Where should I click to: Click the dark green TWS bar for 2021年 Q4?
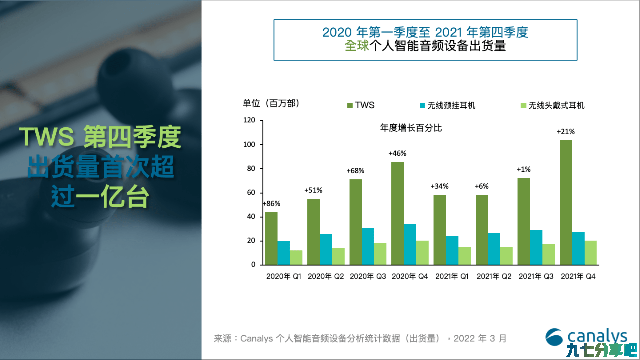tap(566, 202)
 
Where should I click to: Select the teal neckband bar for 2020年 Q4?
tap(410, 244)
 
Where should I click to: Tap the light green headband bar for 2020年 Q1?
tap(296, 257)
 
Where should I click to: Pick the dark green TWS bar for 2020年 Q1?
tap(271, 238)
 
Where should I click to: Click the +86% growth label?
tap(271, 203)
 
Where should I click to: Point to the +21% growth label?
tap(565, 131)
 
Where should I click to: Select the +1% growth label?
tap(523, 169)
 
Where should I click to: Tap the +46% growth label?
tap(397, 153)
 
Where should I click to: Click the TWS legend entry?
tap(361, 105)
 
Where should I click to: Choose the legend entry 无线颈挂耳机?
tap(447, 105)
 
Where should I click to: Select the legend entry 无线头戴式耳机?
tap(552, 105)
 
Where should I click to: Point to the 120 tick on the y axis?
tap(249, 120)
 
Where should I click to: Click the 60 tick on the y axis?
tap(251, 193)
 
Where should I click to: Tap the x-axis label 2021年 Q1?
tap(452, 276)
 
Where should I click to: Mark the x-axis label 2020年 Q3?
tap(368, 276)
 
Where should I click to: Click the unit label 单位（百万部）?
tap(271, 103)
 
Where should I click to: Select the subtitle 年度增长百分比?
tap(411, 128)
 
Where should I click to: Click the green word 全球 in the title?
tap(357, 45)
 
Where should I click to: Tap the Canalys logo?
tap(587, 337)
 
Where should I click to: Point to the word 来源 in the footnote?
tap(222, 338)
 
